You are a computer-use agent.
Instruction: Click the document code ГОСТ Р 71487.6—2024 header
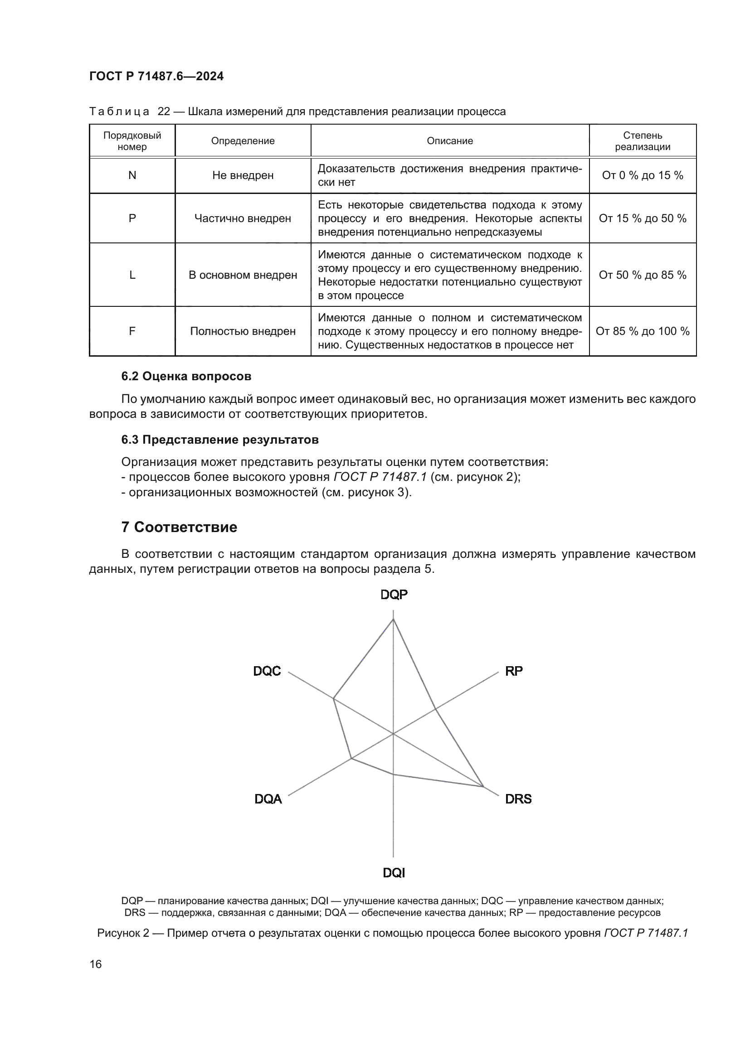(x=156, y=77)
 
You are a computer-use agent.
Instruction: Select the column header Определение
(x=243, y=141)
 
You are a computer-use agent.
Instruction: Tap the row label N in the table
(x=132, y=175)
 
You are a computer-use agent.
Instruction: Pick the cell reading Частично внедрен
(x=243, y=218)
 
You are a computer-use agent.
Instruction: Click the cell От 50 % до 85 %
(x=642, y=275)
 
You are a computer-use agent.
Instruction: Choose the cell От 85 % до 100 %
(x=642, y=331)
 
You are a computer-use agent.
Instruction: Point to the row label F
(x=132, y=331)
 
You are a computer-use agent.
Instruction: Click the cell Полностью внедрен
(x=243, y=331)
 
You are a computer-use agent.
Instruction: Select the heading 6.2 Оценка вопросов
(x=186, y=376)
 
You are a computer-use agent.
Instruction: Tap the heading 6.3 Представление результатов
(x=220, y=440)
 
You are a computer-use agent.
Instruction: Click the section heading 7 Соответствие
(x=179, y=527)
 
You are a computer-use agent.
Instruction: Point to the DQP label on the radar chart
(x=394, y=595)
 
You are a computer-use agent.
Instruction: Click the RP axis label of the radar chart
(x=514, y=671)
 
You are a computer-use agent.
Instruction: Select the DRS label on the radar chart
(x=518, y=799)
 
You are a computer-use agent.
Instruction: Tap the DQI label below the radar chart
(x=394, y=873)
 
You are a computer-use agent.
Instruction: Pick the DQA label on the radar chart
(x=268, y=799)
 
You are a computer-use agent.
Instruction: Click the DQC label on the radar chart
(x=267, y=671)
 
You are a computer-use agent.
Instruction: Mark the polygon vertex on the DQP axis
(x=393, y=620)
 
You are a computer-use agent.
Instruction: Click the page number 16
(x=96, y=964)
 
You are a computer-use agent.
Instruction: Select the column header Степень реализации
(x=642, y=141)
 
